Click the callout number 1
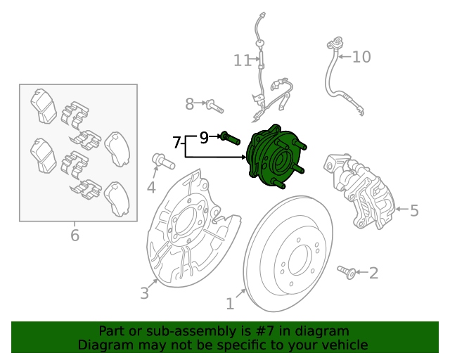229,304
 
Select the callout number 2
373,273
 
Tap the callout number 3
144,293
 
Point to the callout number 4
151,187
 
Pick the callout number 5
414,210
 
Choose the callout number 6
75,236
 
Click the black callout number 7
177,143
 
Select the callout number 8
189,105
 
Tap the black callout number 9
204,138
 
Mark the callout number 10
361,57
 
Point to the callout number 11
242,61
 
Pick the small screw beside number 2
346,271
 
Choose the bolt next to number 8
214,106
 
